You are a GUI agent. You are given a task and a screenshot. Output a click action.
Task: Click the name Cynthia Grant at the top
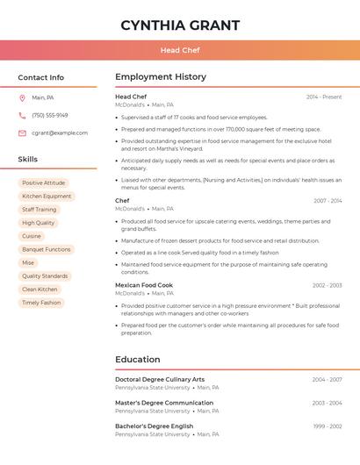180,25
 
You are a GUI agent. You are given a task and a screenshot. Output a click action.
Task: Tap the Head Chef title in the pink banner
180,50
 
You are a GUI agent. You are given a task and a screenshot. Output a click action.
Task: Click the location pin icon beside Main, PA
22,97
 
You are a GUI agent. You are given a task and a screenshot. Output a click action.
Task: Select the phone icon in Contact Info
22,115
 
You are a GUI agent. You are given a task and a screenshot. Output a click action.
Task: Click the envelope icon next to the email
22,133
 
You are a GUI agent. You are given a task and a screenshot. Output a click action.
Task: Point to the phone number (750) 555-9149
50,115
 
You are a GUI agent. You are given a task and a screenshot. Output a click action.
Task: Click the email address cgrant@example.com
60,133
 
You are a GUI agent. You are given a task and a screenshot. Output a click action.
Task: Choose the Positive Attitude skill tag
44,183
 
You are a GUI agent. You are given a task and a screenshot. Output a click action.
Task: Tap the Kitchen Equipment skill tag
47,197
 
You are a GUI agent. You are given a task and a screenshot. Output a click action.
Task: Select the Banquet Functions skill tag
47,249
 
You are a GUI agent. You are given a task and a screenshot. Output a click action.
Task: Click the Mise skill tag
28,262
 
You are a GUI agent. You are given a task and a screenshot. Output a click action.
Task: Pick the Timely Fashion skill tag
41,303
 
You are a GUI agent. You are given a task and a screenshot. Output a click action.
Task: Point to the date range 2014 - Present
324,97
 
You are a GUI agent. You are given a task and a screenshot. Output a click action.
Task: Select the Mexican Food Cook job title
144,285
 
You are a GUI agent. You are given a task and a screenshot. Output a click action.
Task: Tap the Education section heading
138,360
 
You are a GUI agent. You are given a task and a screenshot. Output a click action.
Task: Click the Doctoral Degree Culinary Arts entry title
160,380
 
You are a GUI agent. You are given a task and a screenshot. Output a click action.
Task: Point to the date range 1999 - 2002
328,426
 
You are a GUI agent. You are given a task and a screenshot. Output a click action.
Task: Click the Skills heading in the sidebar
28,160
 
